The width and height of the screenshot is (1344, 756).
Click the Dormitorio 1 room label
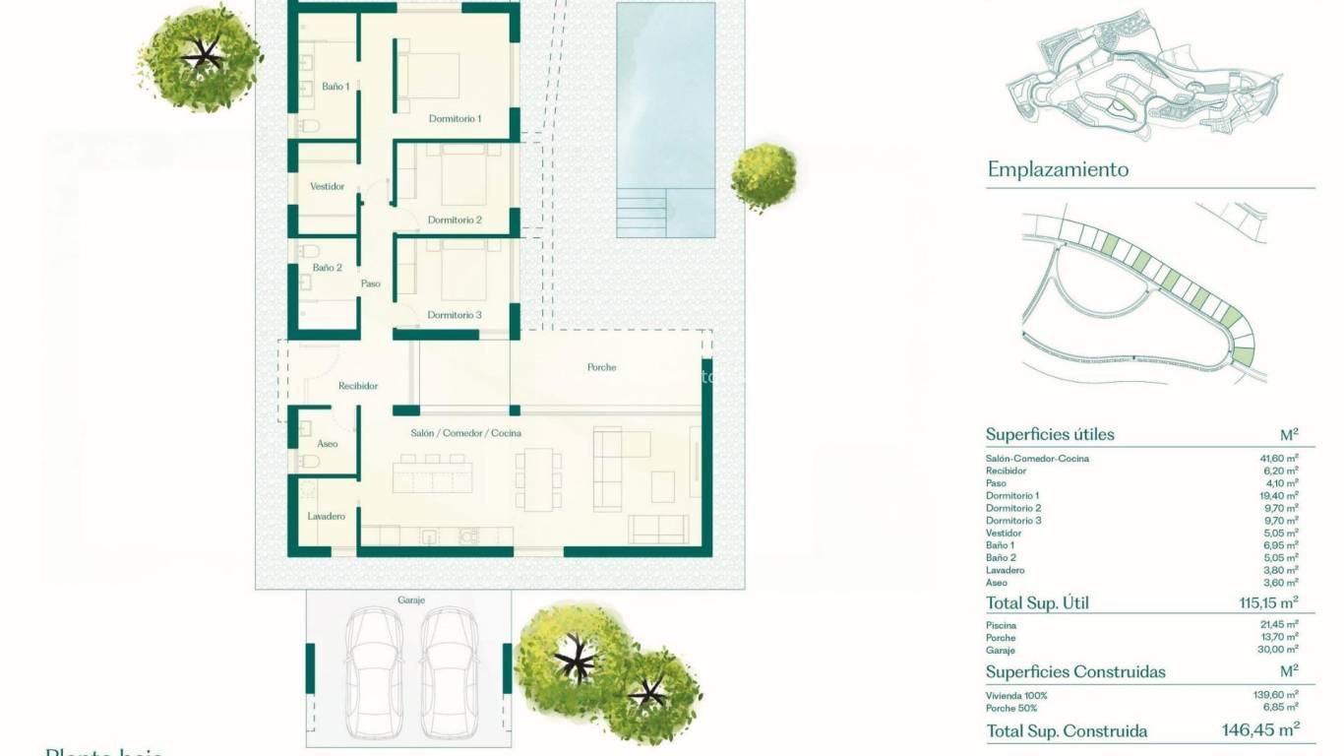455,119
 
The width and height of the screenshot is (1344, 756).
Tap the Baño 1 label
336,87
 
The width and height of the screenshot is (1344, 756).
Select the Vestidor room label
327,186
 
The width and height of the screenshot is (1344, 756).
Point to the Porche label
601,367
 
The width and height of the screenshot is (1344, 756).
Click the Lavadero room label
326,516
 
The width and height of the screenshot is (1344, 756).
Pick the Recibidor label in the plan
358,386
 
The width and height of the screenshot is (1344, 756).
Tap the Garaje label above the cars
411,599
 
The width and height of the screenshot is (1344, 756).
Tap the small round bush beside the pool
764,177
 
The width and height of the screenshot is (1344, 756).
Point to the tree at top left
202,56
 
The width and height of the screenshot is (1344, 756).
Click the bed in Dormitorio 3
462,273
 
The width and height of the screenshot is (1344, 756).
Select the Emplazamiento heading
1058,169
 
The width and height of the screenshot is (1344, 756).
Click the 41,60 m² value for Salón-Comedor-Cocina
1279,459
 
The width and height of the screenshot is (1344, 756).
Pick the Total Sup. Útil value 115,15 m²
1268,602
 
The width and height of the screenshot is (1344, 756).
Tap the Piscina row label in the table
1001,625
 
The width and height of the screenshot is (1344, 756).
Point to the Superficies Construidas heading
1075,671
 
